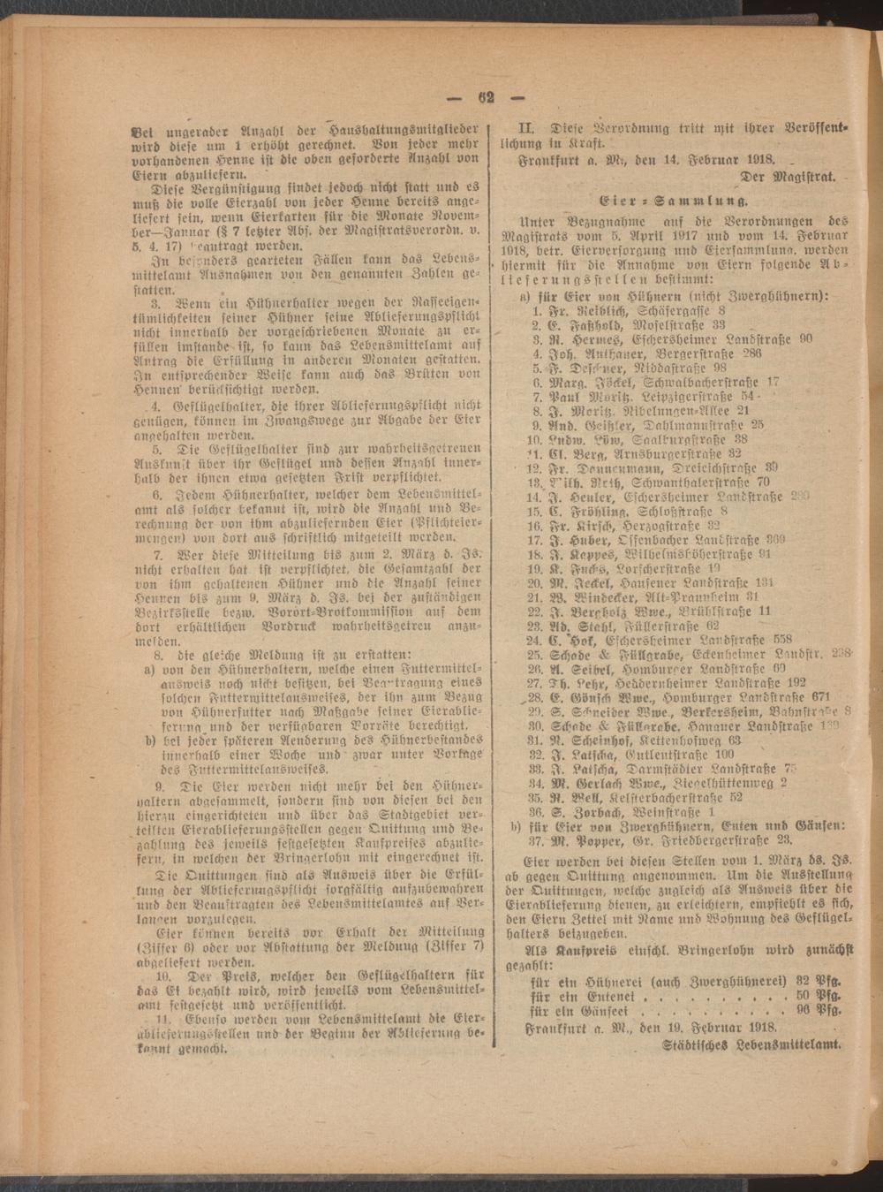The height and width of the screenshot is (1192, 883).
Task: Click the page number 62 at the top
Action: (485, 98)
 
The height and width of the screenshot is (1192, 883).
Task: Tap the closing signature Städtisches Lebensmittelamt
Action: (750, 1044)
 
